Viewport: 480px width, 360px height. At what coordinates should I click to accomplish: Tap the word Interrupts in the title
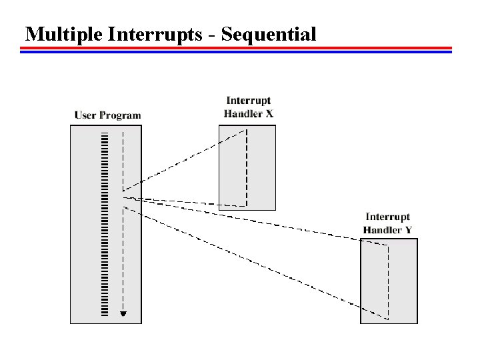[x=155, y=35]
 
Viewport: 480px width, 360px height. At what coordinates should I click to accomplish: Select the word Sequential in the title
[x=269, y=35]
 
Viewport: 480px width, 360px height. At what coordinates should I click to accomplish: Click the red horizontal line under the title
[x=236, y=48]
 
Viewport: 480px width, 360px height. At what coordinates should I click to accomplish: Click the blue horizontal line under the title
[x=236, y=52]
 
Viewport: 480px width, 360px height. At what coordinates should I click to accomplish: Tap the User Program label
[x=107, y=115]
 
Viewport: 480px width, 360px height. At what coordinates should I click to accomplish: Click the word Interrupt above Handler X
[x=248, y=101]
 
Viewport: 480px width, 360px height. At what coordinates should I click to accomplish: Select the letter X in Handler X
[x=269, y=114]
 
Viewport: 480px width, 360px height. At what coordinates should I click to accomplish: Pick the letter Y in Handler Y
[x=409, y=230]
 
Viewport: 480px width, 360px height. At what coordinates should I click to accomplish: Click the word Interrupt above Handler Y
[x=387, y=217]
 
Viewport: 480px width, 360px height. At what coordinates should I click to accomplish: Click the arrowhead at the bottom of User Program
[x=123, y=314]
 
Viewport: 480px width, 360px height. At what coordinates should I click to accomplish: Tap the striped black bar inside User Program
[x=105, y=224]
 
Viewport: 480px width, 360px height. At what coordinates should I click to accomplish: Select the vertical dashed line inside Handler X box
[x=247, y=168]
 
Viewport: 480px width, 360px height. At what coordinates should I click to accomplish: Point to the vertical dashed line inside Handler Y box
[x=389, y=282]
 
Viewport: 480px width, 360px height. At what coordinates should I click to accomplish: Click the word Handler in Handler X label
[x=243, y=114]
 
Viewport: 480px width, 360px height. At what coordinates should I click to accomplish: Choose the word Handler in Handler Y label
[x=383, y=230]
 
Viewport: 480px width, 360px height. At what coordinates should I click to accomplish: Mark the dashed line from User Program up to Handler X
[x=185, y=161]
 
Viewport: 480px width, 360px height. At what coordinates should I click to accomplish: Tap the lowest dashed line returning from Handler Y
[x=256, y=263]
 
